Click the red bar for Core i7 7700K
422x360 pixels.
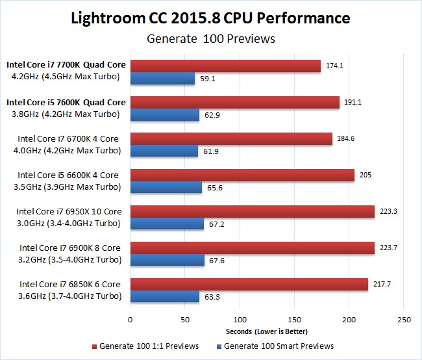225,66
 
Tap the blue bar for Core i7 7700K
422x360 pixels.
162,79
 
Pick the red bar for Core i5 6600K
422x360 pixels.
242,175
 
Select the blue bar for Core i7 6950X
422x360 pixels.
167,224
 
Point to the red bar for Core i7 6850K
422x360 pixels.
249,285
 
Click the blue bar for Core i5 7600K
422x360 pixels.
165,115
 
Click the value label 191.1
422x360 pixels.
354,102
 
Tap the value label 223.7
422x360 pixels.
390,248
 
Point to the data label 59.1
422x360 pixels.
209,79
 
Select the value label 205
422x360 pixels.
366,175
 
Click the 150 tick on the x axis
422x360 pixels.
294,319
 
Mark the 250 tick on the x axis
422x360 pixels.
404,319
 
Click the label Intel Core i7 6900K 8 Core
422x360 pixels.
70,248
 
